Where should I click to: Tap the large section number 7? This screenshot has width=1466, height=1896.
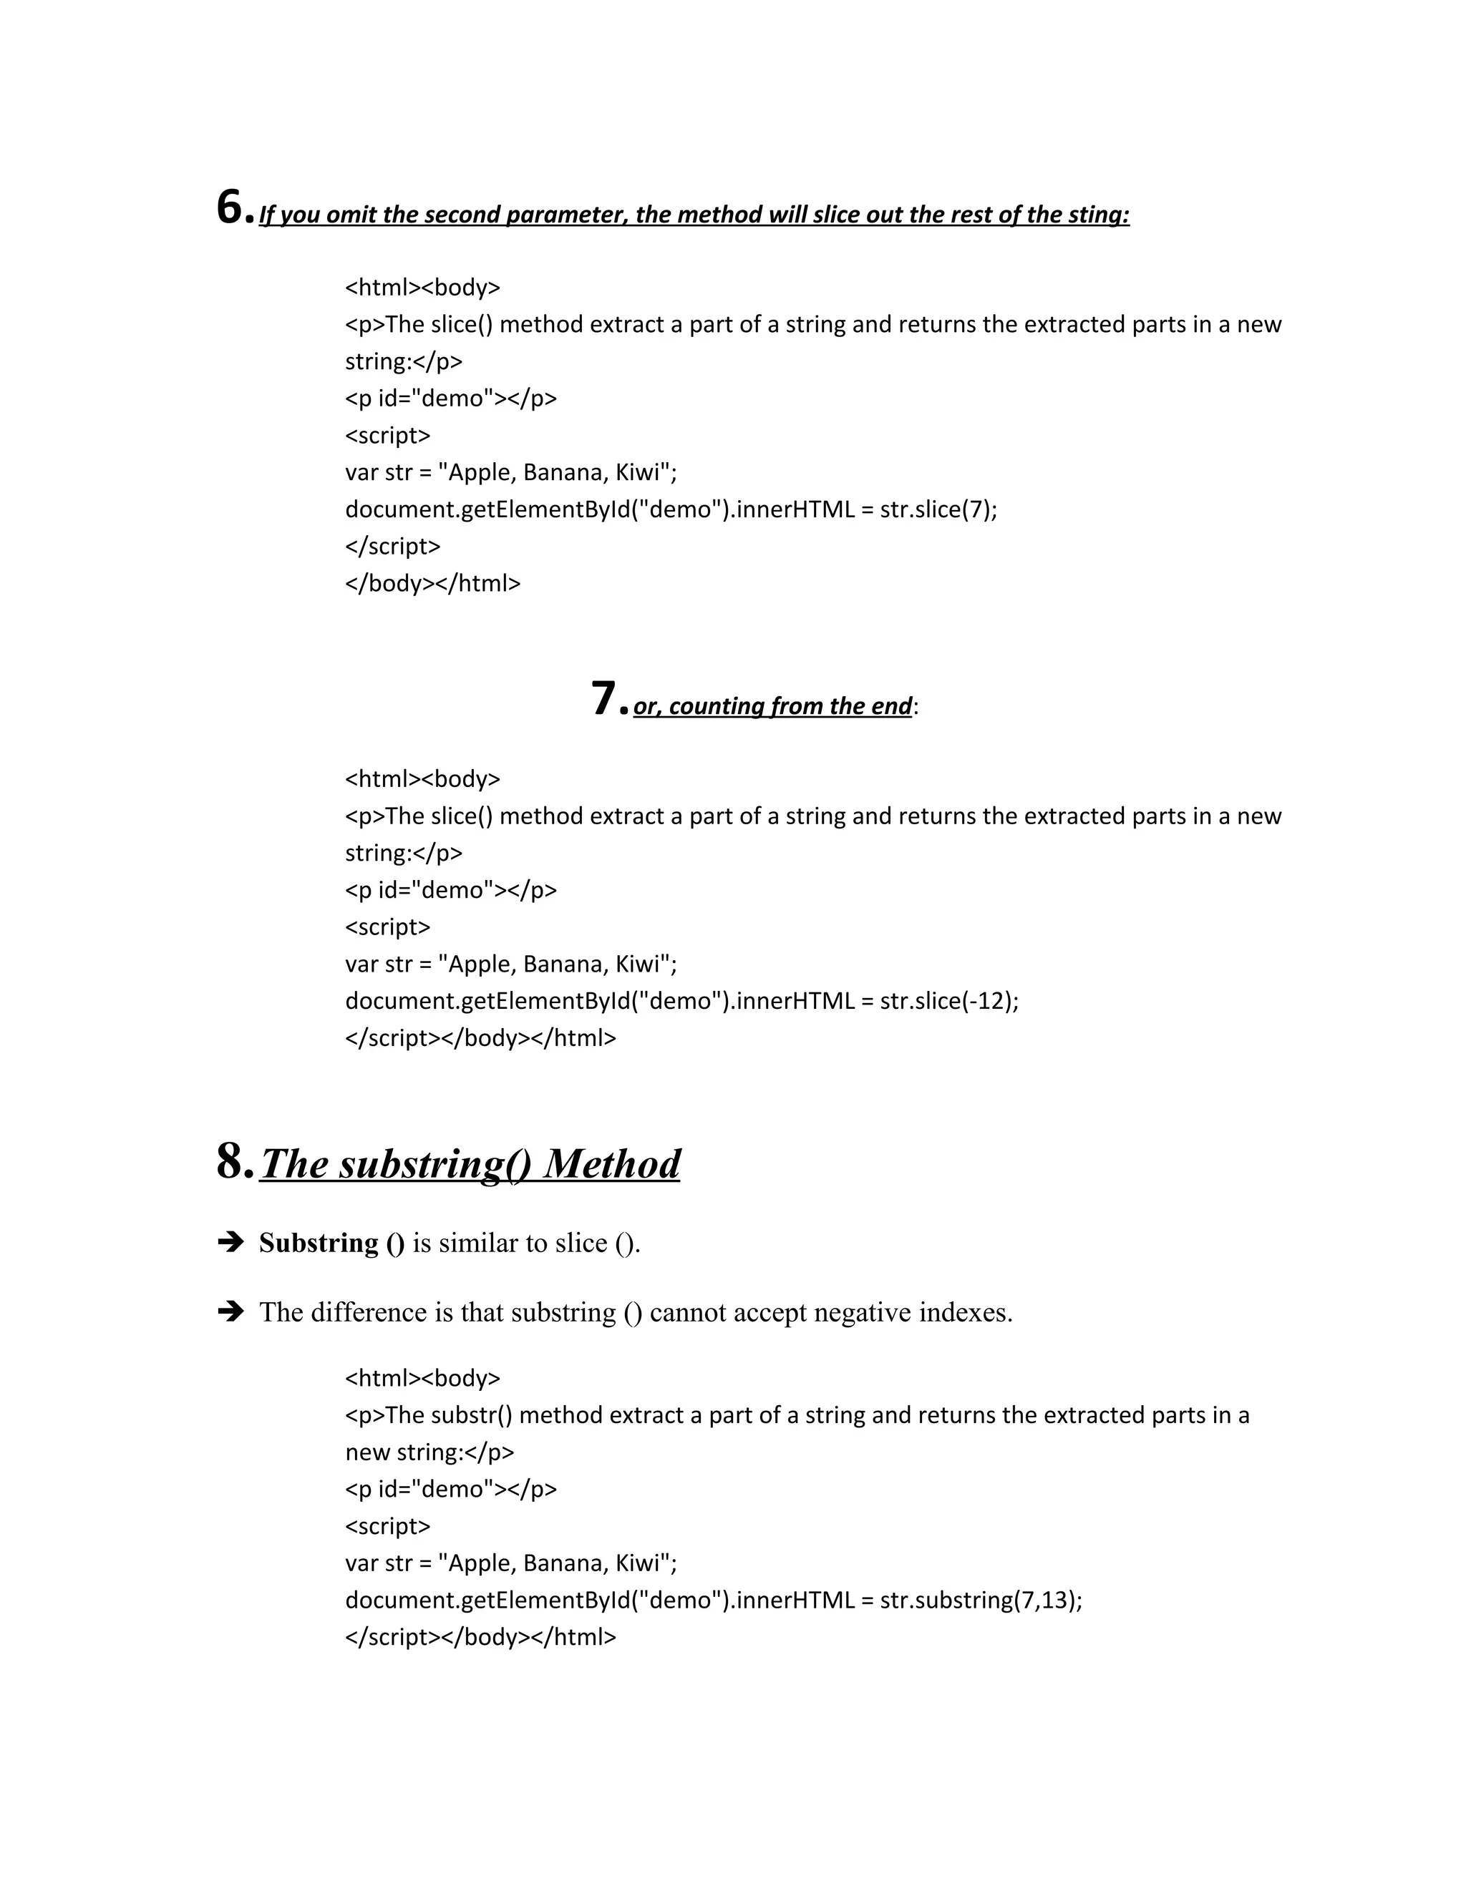(603, 700)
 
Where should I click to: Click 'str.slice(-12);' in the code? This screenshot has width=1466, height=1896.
(948, 1001)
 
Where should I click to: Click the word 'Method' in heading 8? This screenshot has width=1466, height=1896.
(611, 1164)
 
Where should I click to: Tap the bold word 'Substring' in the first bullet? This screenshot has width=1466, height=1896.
(319, 1243)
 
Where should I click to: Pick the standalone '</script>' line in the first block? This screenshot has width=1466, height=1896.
(392, 546)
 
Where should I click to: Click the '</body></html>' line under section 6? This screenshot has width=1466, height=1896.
(432, 583)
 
